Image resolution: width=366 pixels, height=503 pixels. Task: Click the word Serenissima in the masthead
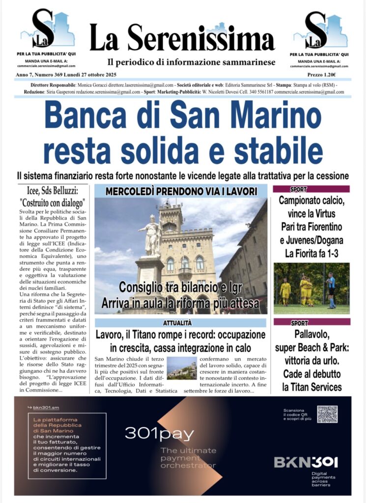coord(200,39)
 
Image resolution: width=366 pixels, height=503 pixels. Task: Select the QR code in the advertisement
coord(327,414)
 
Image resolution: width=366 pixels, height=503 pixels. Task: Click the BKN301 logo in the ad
coord(306,462)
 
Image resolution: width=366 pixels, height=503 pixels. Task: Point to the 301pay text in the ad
coord(159,433)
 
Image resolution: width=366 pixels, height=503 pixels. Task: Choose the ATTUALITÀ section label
coord(180,323)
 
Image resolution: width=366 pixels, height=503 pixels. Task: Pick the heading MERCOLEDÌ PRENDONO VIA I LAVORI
coord(180,191)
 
